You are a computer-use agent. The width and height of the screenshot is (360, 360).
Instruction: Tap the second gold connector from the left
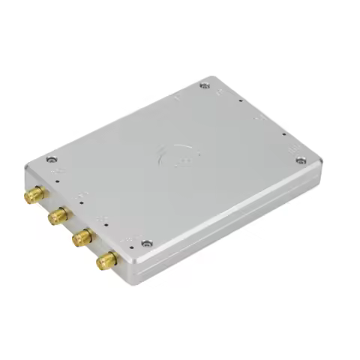tap(56, 217)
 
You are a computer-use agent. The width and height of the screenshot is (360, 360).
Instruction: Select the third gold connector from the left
tap(81, 238)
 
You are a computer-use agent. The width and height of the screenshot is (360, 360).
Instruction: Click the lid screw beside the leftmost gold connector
tap(51, 159)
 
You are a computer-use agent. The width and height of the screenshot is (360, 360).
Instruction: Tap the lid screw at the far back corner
tap(205, 86)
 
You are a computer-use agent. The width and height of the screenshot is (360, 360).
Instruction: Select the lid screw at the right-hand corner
tap(301, 160)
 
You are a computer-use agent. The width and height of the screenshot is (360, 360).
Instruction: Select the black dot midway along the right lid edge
tap(283, 135)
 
